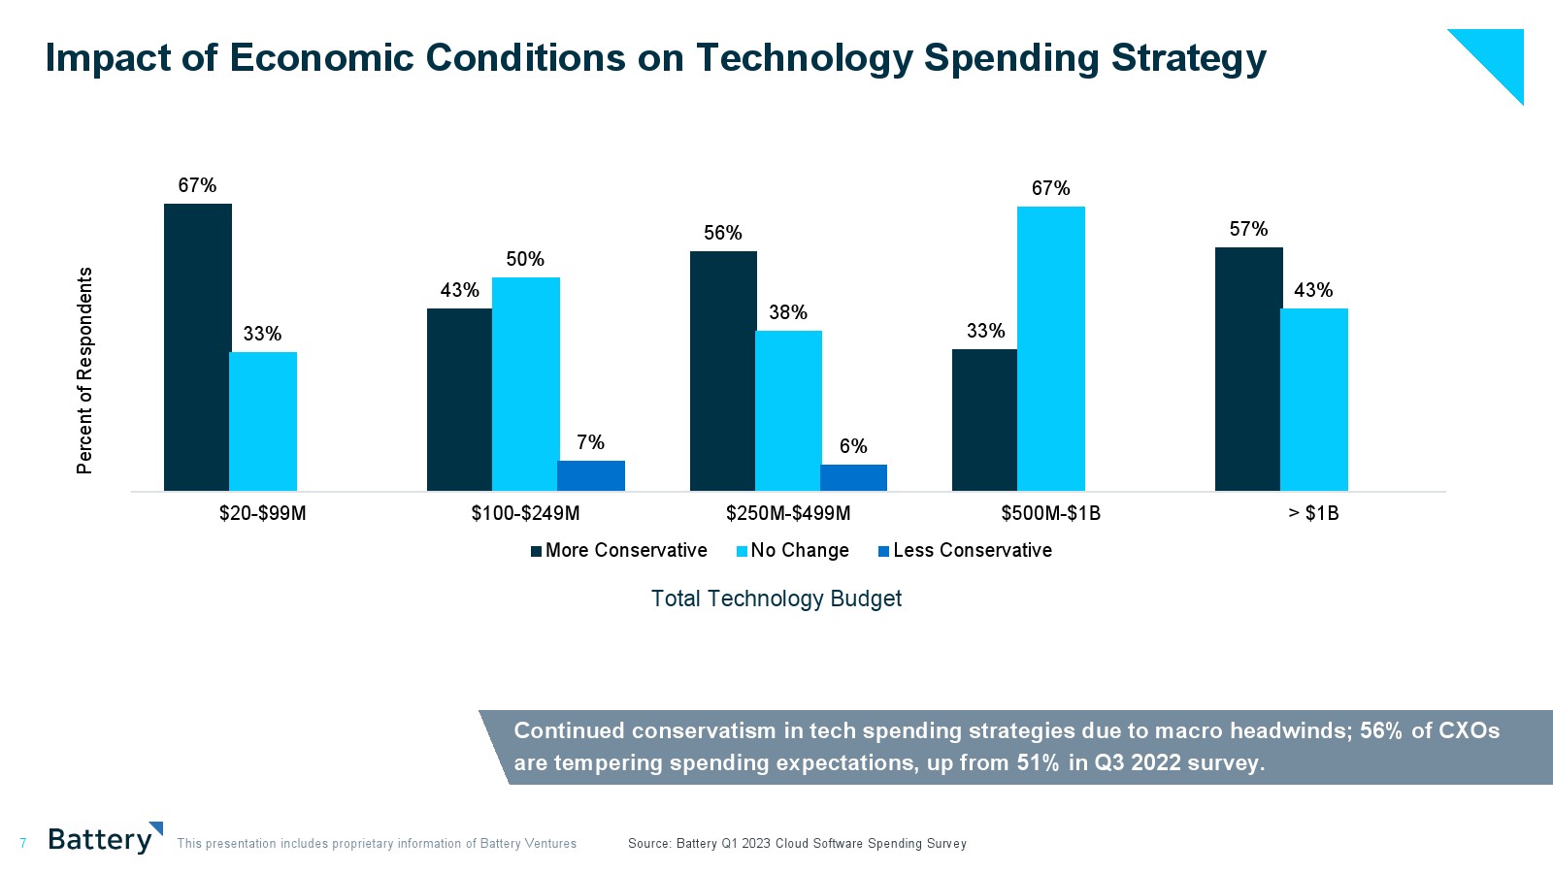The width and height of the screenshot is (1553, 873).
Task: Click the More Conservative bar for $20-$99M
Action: coord(197,347)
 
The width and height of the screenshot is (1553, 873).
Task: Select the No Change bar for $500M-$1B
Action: coord(1050,348)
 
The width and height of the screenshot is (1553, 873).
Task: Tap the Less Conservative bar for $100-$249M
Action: coord(590,475)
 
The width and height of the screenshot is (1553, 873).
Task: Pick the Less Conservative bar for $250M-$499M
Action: coord(853,477)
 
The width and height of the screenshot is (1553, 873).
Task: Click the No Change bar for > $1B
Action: coord(1313,400)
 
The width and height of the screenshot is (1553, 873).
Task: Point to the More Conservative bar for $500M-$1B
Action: coord(984,420)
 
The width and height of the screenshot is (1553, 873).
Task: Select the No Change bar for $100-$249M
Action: coord(525,384)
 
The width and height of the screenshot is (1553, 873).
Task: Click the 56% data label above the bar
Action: coord(722,233)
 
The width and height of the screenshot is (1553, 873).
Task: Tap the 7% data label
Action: coord(590,442)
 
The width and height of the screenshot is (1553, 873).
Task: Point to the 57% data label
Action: coord(1248,229)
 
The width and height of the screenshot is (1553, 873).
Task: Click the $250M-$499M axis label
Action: coord(788,513)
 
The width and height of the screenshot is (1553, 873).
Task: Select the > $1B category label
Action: coord(1313,513)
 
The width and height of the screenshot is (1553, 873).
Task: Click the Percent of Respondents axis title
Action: coord(85,371)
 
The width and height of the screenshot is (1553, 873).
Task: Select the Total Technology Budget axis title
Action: coord(776,598)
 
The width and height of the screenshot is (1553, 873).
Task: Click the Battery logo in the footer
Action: coord(104,839)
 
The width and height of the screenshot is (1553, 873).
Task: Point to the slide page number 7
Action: coord(23,844)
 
